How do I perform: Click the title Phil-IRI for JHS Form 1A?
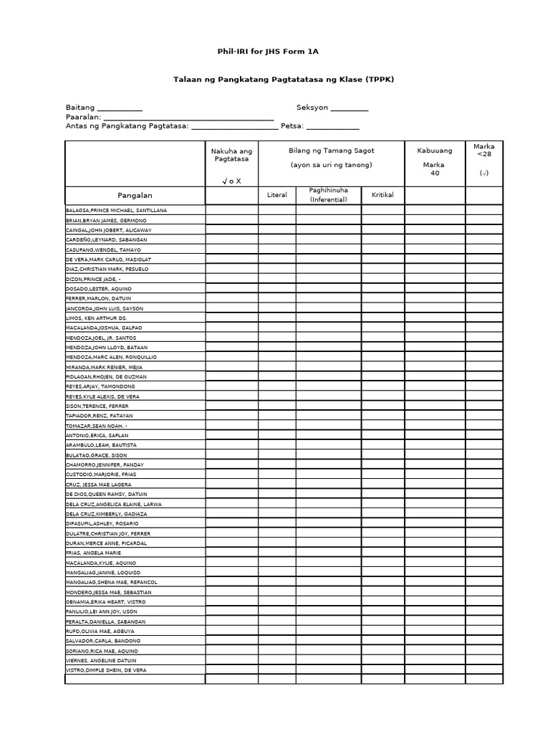coord(274,52)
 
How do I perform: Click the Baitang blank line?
coord(119,108)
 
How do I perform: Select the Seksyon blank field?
coord(349,108)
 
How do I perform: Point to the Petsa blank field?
coord(332,127)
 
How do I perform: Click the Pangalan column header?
coord(135,195)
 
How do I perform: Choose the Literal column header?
coord(276,195)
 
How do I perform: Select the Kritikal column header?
coord(382,195)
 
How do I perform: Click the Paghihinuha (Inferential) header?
coord(328,195)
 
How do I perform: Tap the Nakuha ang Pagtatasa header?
coord(231,156)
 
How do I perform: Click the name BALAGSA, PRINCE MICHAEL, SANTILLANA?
coord(116,210)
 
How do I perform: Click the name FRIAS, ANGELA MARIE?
coord(93,553)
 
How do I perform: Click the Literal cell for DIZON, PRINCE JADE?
coord(276,279)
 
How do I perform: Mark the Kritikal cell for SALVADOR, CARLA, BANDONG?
coord(382,640)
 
